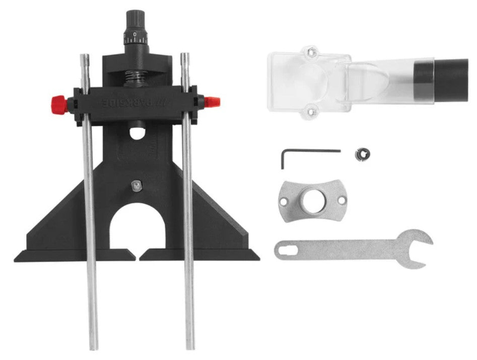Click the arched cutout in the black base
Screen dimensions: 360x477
(x=138, y=227)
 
